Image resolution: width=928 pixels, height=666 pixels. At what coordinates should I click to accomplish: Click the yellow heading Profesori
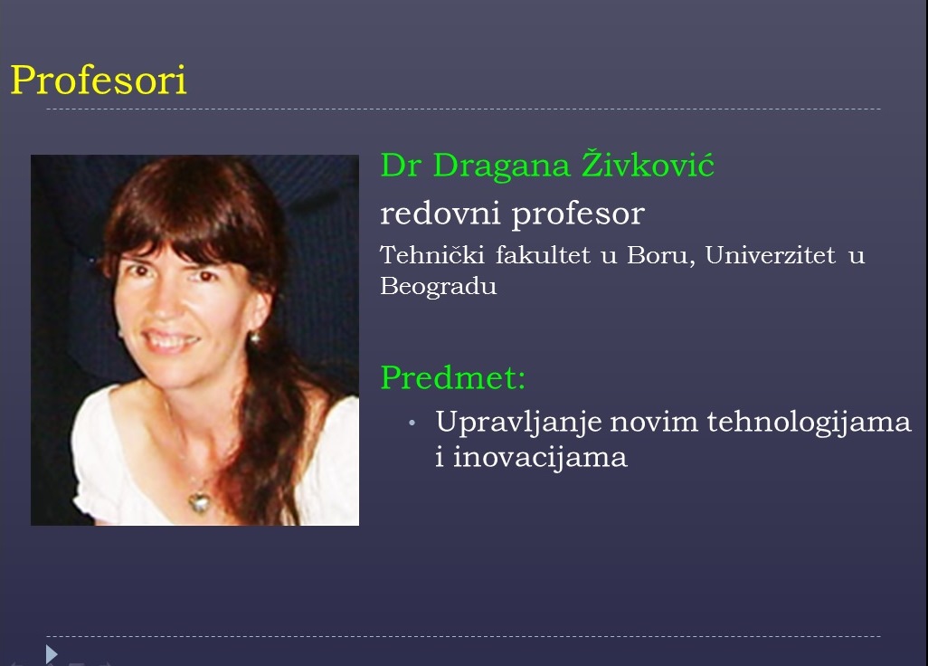(x=99, y=80)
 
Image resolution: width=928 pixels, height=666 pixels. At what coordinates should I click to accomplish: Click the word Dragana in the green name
(x=502, y=166)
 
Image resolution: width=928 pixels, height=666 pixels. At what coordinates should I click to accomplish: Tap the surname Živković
(x=648, y=164)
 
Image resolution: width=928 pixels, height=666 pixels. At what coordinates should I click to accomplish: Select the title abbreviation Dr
(x=401, y=166)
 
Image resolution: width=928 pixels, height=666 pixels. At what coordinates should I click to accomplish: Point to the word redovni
(x=440, y=213)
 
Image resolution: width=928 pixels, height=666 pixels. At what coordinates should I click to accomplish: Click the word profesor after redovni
(x=578, y=214)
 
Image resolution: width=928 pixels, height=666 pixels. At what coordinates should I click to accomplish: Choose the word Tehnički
(x=432, y=255)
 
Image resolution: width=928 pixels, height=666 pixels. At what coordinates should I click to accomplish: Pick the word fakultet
(x=543, y=255)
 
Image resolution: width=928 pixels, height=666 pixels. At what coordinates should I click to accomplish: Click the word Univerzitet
(x=770, y=255)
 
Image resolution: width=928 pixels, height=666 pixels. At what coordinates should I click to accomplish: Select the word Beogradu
(x=439, y=287)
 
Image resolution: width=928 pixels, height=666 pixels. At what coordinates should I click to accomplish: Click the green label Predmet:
(x=453, y=377)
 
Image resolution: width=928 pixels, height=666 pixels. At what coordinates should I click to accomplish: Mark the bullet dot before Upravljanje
(x=412, y=423)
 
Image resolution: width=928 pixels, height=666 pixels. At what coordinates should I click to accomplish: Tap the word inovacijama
(x=540, y=458)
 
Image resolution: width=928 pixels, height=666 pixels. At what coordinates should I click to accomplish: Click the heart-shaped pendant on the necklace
(x=200, y=502)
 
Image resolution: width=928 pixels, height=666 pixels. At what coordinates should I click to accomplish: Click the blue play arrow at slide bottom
(x=52, y=653)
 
